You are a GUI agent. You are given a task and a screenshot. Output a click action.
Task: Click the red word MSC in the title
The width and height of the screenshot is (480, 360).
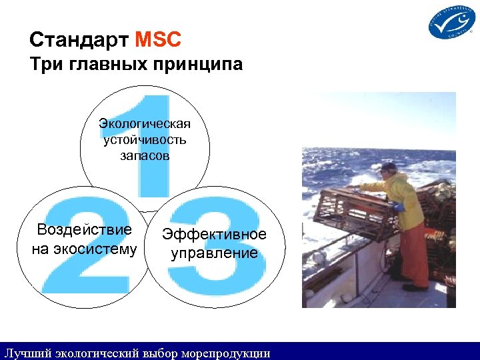(x=157, y=41)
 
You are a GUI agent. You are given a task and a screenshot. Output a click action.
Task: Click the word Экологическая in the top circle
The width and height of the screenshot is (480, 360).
(x=145, y=124)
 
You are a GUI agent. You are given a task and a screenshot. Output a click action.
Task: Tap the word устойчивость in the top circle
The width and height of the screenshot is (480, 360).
(x=145, y=139)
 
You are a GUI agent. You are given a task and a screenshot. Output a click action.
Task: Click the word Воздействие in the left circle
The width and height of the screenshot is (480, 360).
(x=84, y=230)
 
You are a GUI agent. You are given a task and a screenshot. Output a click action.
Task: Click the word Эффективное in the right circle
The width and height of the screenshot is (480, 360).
(x=214, y=234)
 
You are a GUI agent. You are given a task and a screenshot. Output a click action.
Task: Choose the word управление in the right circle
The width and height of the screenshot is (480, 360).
(x=214, y=254)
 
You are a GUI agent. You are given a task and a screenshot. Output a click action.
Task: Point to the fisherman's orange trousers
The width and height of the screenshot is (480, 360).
(x=415, y=253)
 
